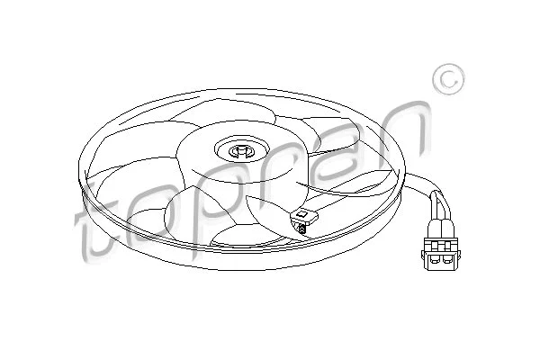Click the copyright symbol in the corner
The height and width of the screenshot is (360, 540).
pyautogui.click(x=448, y=80)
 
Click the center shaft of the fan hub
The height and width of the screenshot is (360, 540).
pyautogui.click(x=240, y=151)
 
